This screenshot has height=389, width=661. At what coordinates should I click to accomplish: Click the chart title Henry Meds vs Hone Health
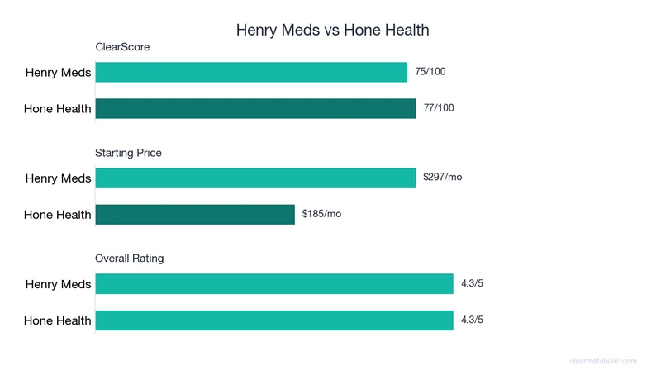332,31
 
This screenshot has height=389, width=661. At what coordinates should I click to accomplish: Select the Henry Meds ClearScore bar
251,72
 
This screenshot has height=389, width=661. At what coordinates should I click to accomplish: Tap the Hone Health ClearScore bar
255,108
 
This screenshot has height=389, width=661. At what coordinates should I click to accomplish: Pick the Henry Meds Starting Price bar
255,178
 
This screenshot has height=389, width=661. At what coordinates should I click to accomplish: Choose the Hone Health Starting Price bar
195,215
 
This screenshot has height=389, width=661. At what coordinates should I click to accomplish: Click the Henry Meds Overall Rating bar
274,284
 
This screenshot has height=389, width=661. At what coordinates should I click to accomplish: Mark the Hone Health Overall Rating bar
274,320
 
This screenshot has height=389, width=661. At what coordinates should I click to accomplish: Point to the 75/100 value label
430,72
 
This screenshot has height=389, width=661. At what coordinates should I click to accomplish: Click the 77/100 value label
439,108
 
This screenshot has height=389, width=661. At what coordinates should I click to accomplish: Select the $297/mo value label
442,178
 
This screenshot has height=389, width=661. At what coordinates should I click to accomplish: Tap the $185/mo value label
321,215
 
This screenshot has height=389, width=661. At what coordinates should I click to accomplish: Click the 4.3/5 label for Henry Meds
472,284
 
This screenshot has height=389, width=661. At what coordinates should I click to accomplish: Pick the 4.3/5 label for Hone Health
472,320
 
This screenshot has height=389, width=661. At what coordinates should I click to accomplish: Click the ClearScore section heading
122,47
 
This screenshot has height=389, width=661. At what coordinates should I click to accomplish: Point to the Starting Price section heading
128,153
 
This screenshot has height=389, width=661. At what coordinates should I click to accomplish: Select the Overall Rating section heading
130,259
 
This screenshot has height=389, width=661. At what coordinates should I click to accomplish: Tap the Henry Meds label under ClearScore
59,73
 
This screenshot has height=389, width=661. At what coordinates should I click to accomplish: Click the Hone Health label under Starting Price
57,215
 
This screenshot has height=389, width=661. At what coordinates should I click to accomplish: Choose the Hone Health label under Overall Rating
57,320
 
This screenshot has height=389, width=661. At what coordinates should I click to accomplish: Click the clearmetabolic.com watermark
603,361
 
